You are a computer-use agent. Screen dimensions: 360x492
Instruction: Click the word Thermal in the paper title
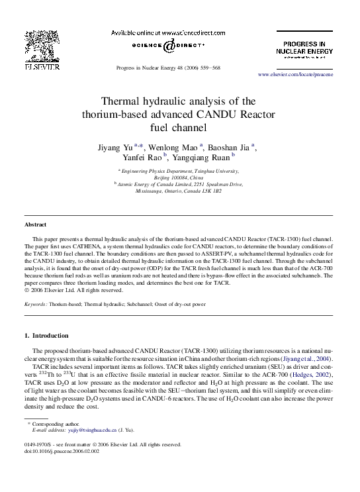tap(123, 102)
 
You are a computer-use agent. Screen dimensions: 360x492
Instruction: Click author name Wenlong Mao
tap(173, 146)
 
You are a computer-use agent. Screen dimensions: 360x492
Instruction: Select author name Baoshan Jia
tap(229, 146)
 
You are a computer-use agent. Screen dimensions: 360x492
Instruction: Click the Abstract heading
tap(36, 224)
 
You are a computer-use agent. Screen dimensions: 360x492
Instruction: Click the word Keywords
tap(36, 305)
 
